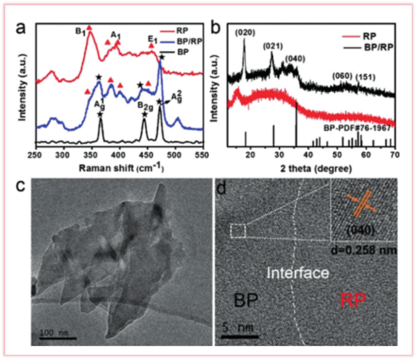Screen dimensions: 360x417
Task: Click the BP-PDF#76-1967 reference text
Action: click(x=357, y=128)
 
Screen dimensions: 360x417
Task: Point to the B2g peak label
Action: click(x=144, y=106)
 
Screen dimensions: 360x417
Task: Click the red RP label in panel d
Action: click(x=353, y=301)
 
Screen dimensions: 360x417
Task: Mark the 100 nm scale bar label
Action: click(x=53, y=332)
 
